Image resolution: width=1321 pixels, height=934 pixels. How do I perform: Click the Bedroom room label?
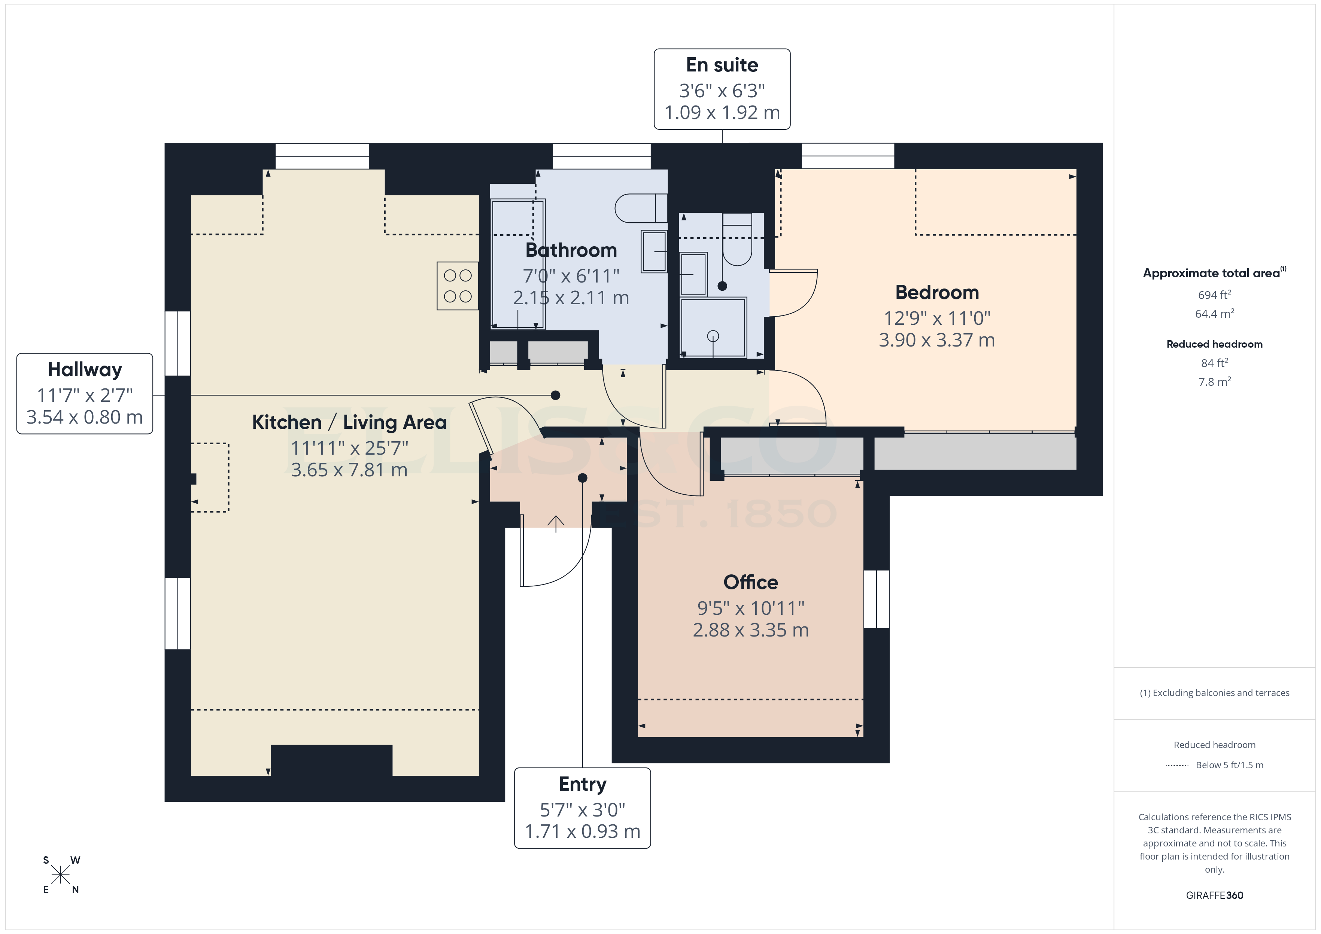coord(937,293)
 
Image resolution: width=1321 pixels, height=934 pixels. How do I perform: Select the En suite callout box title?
coord(722,65)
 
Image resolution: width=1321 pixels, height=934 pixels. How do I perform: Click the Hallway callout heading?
coord(85,369)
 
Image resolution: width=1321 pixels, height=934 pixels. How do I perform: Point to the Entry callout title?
coord(582,784)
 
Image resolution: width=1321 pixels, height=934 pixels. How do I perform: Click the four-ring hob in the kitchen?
coord(458,286)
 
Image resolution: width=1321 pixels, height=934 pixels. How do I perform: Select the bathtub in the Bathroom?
coord(517,263)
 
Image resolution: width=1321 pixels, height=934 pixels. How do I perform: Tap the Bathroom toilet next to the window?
coord(640,208)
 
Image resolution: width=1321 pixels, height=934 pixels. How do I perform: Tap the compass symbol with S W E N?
coord(60,875)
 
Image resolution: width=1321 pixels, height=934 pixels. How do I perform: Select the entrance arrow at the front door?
coord(555,524)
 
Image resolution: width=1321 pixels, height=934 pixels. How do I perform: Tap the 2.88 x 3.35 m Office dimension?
coord(750,630)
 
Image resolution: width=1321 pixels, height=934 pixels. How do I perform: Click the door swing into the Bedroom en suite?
coord(794,293)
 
